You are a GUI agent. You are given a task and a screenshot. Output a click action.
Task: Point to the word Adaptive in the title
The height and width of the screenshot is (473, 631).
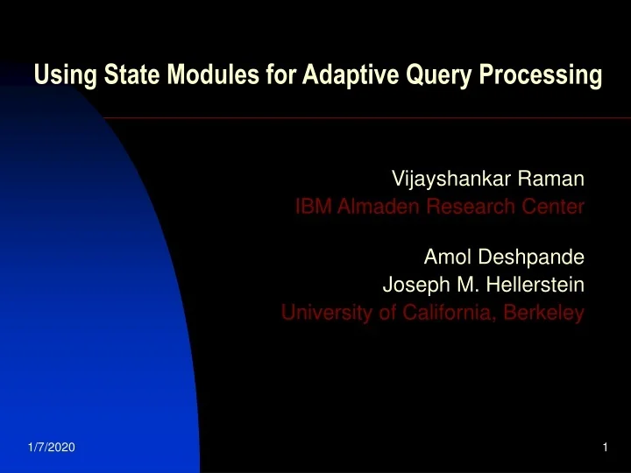point(342,77)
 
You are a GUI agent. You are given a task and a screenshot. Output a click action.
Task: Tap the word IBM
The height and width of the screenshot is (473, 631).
point(311,208)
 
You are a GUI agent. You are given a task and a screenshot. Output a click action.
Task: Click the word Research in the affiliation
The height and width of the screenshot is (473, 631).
point(466,208)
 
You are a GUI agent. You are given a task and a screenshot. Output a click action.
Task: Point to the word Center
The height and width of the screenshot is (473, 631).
point(550,208)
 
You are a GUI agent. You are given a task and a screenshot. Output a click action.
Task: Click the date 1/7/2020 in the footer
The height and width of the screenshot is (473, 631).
point(46,448)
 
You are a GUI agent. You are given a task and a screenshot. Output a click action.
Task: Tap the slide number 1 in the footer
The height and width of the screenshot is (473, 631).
point(605,448)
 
